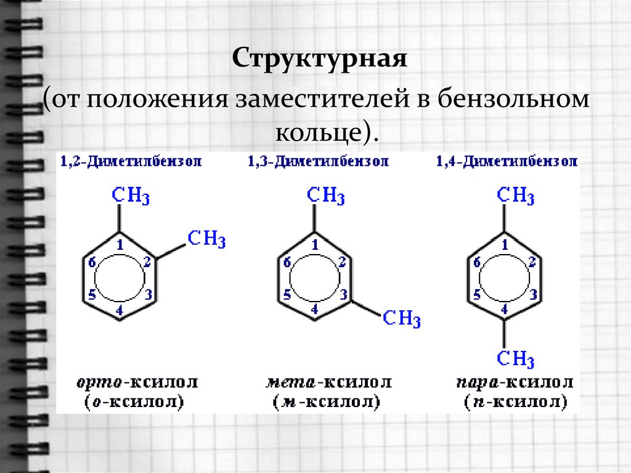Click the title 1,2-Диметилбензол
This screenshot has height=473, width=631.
(131, 162)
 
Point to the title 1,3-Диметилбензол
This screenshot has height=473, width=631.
(318, 162)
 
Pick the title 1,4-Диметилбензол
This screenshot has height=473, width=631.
(507, 162)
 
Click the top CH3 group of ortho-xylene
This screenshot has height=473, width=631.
(131, 197)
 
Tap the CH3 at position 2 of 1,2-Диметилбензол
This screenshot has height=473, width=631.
(206, 239)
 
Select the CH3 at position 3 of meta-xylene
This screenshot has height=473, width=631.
(402, 319)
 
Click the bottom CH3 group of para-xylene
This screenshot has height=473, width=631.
(516, 359)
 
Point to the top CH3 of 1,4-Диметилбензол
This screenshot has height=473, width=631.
(516, 197)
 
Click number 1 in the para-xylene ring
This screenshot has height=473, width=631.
(505, 245)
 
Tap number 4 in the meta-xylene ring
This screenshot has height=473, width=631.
(315, 309)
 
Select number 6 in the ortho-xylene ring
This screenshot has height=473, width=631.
(92, 263)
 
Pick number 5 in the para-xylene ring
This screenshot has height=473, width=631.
(477, 295)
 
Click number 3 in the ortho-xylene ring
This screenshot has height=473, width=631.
(148, 295)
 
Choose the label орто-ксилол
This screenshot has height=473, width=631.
(137, 383)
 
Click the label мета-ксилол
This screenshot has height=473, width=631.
(327, 383)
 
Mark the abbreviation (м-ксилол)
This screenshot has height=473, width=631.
(327, 403)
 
